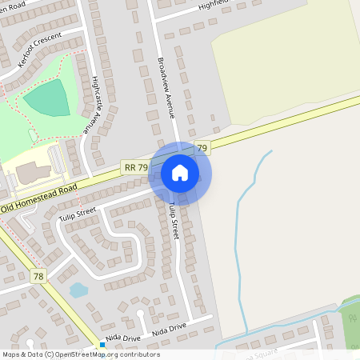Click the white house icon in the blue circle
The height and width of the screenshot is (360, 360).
point(180,173)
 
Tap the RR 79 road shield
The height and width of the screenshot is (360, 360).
point(135,167)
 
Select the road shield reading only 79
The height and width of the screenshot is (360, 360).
point(202,148)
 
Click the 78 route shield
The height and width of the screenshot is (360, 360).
point(38,276)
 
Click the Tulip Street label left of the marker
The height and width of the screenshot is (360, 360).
point(77,212)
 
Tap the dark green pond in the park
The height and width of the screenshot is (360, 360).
point(47,98)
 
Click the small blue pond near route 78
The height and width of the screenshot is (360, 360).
point(78,290)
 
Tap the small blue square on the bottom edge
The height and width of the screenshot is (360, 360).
point(102,345)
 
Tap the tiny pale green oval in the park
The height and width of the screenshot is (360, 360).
point(33,136)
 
